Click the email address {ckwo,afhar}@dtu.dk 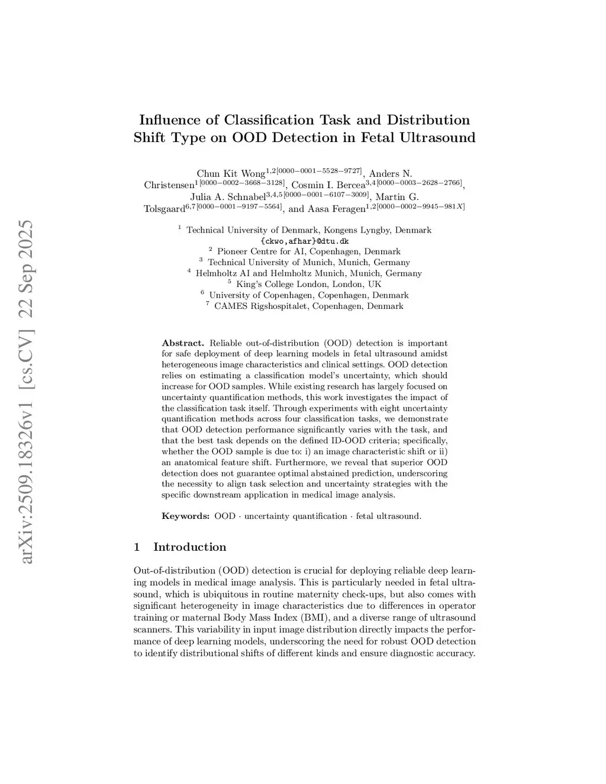[304, 241]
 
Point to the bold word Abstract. [183, 343]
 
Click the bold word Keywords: [185, 516]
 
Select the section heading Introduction [189, 547]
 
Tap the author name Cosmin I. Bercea [328, 185]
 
